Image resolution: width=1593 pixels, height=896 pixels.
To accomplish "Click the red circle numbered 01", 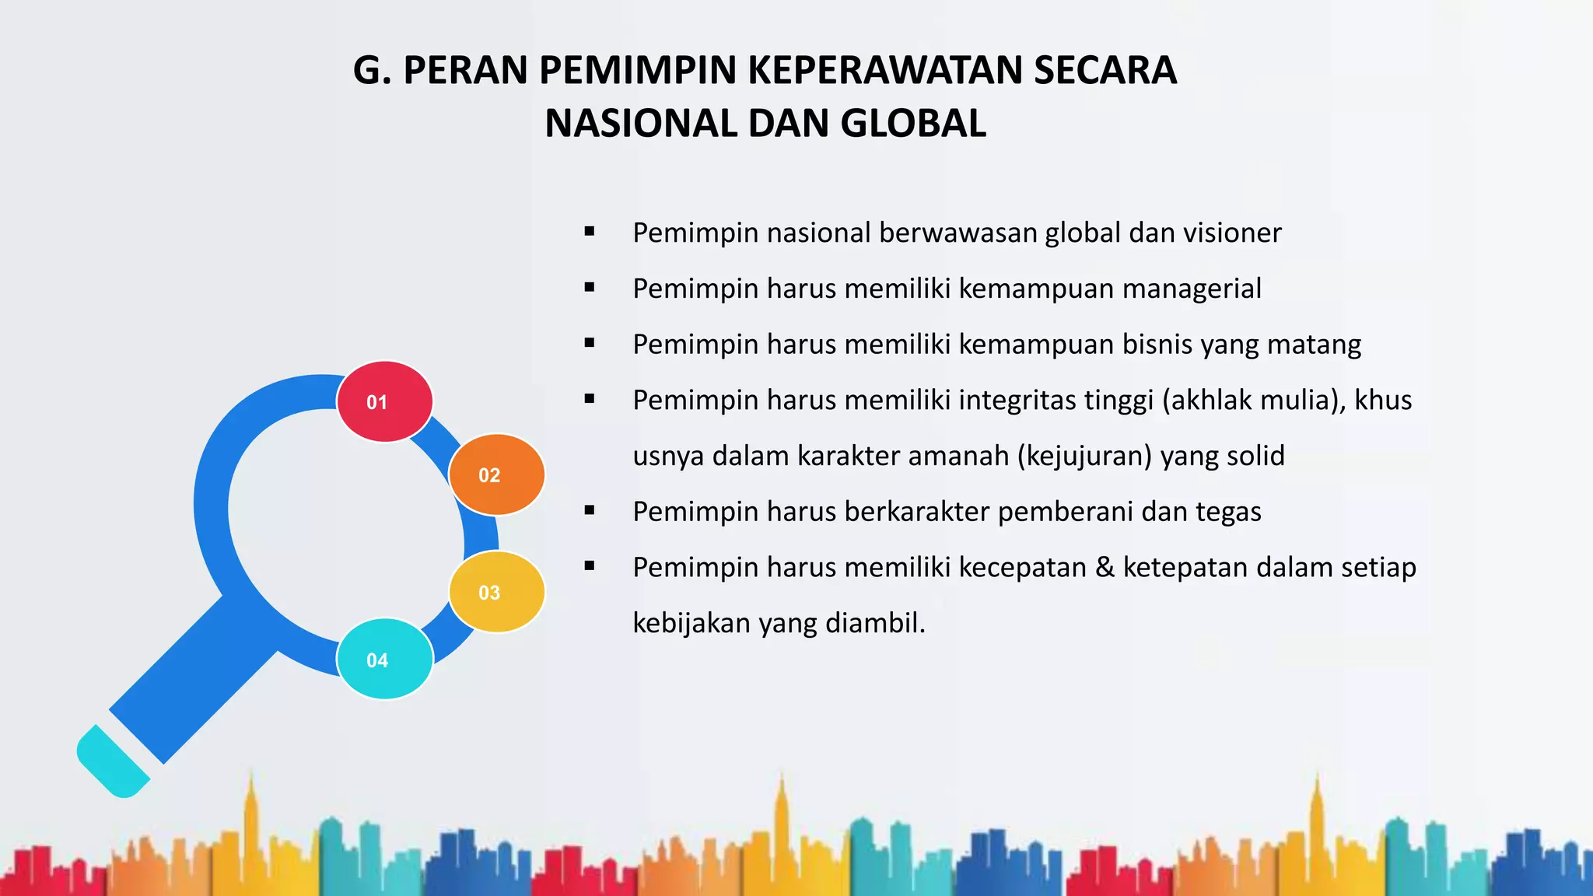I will click(x=384, y=401).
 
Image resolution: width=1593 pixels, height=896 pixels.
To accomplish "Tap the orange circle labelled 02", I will click(x=497, y=474).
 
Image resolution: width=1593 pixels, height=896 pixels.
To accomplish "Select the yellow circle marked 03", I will click(x=497, y=592).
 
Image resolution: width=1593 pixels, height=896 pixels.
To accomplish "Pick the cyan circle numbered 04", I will click(x=384, y=659).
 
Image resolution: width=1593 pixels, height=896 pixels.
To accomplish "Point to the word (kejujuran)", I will click(x=1084, y=456).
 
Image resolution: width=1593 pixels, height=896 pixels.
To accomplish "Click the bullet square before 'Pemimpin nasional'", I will click(x=590, y=231).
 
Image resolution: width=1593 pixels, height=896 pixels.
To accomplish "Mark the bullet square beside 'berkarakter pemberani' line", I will click(x=590, y=510).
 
